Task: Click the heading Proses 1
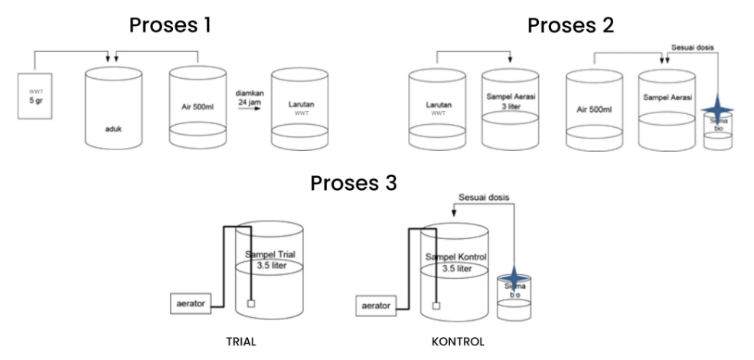coord(169,25)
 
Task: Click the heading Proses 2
coord(570,25)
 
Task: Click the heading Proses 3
coord(353,184)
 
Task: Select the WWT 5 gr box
coord(31,96)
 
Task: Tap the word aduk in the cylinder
coord(114,130)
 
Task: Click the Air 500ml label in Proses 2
coord(594,109)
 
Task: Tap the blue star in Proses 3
coord(511,275)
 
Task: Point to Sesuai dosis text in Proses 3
coord(485,197)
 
